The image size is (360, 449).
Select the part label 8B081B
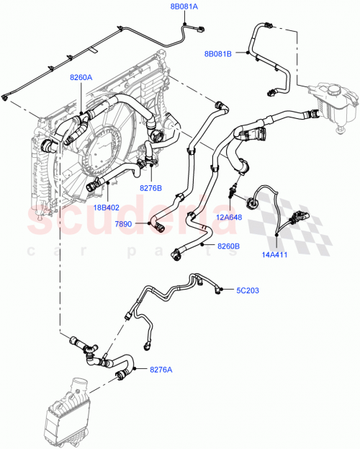pyautogui.click(x=219, y=54)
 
